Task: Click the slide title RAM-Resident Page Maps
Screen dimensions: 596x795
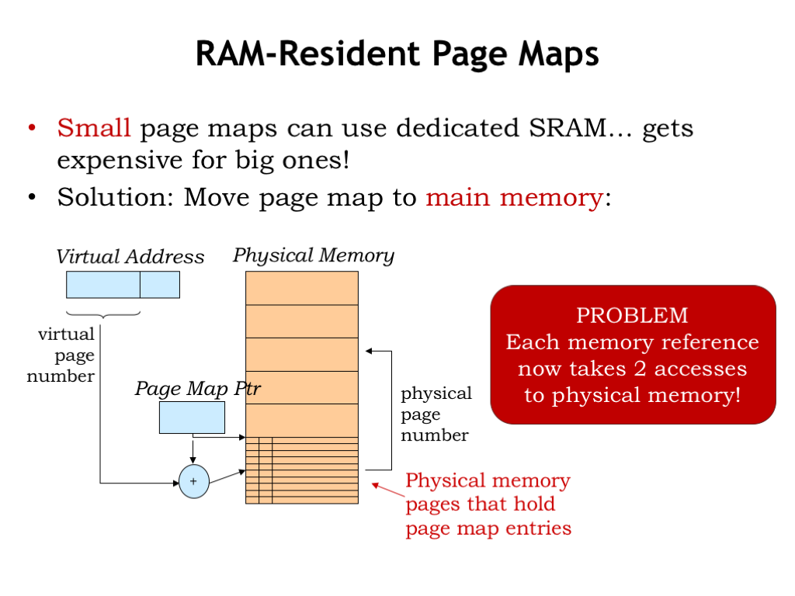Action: tap(397, 54)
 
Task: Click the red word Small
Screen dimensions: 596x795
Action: tap(94, 127)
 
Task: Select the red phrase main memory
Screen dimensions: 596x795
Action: tap(514, 198)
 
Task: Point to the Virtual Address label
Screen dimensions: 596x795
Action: tap(130, 257)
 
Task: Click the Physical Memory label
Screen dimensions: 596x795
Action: tap(314, 255)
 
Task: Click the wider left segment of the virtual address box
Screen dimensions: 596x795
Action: tap(103, 285)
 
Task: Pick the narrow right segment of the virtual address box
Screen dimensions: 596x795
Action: tap(160, 285)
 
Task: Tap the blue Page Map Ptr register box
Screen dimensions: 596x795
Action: tap(192, 418)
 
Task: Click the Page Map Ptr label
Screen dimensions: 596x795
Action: tap(197, 388)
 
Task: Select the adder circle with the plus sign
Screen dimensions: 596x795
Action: tap(193, 482)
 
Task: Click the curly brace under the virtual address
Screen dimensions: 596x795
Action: tap(103, 314)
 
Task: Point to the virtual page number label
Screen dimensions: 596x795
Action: tap(62, 355)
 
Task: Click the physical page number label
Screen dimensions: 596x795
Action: tap(436, 414)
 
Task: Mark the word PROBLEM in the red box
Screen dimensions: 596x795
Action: tap(632, 315)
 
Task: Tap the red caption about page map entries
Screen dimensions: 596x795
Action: tap(488, 504)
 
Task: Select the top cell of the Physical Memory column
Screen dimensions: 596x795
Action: tap(302, 288)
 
